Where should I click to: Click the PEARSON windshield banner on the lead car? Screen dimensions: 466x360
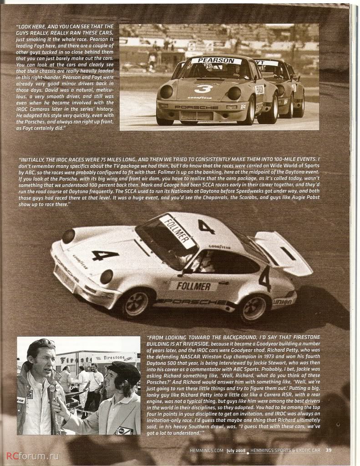tap(216, 61)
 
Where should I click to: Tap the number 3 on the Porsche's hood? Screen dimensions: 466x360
tap(203, 88)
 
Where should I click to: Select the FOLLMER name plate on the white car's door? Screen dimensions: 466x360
tap(193, 287)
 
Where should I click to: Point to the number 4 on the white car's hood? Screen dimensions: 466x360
tap(105, 255)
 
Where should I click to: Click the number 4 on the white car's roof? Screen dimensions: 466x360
tap(206, 226)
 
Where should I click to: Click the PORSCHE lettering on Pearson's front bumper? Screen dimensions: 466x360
tap(197, 107)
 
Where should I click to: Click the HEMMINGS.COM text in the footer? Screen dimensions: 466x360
tap(207, 451)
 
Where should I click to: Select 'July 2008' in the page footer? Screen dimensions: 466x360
tap(235, 451)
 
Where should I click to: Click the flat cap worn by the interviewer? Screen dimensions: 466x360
tap(124, 371)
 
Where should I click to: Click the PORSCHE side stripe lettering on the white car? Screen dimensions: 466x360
tap(191, 302)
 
